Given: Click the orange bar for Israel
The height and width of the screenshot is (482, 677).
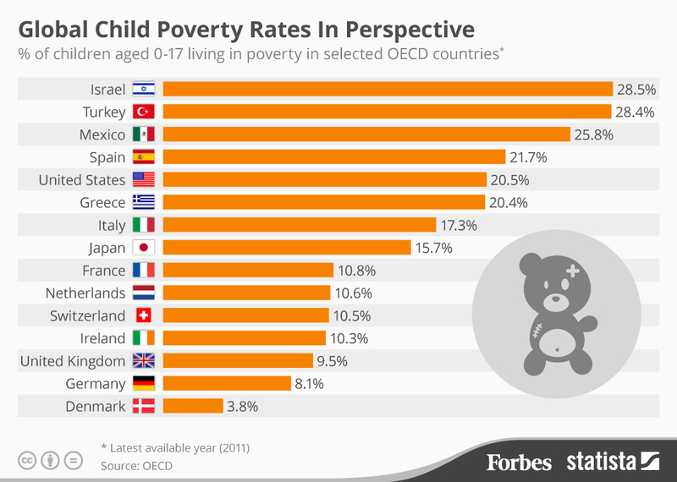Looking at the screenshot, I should pyautogui.click(x=387, y=89).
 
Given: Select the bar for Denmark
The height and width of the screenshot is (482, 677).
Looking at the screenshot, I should pyautogui.click(x=192, y=406).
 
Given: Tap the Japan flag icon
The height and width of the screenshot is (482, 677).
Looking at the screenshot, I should pyautogui.click(x=144, y=248).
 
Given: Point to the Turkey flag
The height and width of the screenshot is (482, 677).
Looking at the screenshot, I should pyautogui.click(x=144, y=112).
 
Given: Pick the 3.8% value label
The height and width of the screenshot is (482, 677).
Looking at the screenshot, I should pyautogui.click(x=242, y=406).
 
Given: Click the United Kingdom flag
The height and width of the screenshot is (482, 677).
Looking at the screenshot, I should pyautogui.click(x=144, y=361).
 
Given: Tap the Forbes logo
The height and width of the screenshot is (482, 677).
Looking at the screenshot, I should pyautogui.click(x=519, y=462).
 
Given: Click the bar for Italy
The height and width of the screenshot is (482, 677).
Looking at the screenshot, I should pyautogui.click(x=299, y=225).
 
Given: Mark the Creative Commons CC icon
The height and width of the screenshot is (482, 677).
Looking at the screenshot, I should pyautogui.click(x=27, y=460).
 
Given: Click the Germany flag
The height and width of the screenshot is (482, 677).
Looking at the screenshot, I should pyautogui.click(x=144, y=383).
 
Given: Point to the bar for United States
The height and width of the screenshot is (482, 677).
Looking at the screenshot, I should pyautogui.click(x=324, y=179).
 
